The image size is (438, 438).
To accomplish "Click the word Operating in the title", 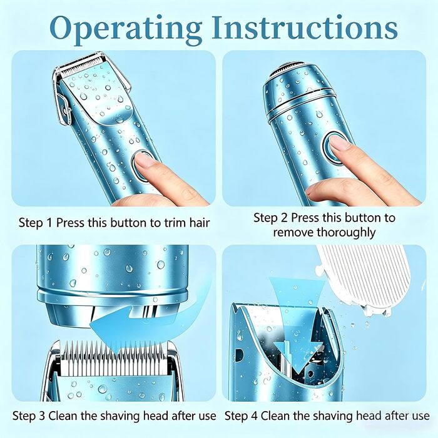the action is pyautogui.click(x=126, y=28).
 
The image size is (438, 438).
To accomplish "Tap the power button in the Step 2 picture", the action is pyautogui.click(x=334, y=146).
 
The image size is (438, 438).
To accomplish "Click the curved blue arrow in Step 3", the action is pyautogui.click(x=145, y=321).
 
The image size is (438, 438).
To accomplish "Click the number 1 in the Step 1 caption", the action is pyautogui.click(x=49, y=223).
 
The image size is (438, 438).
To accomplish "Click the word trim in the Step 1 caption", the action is pyautogui.click(x=175, y=223).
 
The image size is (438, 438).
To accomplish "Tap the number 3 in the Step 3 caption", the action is pyautogui.click(x=42, y=416).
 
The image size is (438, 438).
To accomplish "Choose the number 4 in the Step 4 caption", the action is pyautogui.click(x=254, y=416).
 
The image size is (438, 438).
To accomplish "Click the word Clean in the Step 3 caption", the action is pyautogui.click(x=63, y=415).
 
